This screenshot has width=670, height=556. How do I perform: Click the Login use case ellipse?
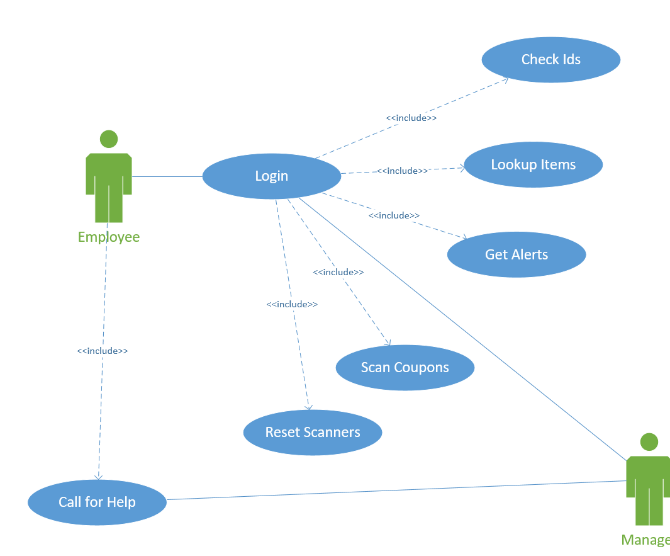[x=271, y=176]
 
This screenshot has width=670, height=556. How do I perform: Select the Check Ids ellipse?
[x=550, y=60]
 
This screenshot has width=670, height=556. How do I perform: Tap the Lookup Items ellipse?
[x=533, y=165]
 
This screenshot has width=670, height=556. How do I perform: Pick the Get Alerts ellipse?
[x=516, y=254]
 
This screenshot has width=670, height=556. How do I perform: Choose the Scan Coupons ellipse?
[x=405, y=368]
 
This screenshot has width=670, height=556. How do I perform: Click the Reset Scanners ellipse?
[x=312, y=433]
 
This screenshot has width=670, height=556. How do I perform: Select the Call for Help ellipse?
[x=97, y=502]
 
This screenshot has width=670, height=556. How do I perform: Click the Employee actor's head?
[x=109, y=139]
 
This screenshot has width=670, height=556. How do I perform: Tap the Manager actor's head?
[x=649, y=442]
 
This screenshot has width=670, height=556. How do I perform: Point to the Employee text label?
[x=108, y=237]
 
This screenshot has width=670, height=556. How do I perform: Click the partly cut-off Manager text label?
[x=645, y=540]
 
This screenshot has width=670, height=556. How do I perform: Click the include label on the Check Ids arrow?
[x=411, y=118]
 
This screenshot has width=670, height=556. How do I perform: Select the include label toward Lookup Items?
[x=402, y=171]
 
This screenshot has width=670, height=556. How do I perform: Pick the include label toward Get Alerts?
[x=394, y=215]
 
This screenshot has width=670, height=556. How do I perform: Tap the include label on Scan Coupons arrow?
[x=338, y=272]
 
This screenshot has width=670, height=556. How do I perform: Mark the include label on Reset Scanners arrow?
[x=291, y=304]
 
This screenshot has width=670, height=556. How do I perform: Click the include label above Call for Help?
[x=102, y=351]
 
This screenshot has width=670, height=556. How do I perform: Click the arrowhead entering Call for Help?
[x=98, y=477]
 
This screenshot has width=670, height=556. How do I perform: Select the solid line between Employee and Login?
[x=167, y=177]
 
